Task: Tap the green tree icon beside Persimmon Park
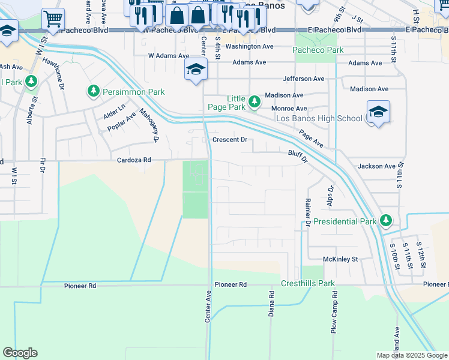click(x=93, y=91)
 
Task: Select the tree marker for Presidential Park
click(x=386, y=221)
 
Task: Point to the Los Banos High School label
click(x=319, y=118)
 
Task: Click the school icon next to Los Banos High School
click(x=378, y=112)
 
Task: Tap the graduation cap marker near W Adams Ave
click(x=196, y=70)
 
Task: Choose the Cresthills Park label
click(x=308, y=283)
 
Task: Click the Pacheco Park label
click(x=318, y=50)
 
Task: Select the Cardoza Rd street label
click(x=134, y=160)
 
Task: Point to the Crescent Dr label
click(x=230, y=140)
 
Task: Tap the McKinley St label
click(x=340, y=259)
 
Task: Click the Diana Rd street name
click(x=271, y=304)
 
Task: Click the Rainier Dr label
click(x=307, y=212)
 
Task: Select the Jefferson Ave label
click(x=304, y=79)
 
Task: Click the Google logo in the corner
click(x=20, y=353)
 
